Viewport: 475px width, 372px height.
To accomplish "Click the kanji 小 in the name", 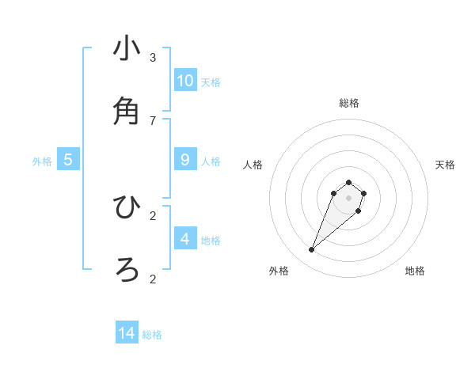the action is click(127, 48).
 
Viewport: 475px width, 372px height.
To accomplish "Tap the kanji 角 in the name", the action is click(127, 112).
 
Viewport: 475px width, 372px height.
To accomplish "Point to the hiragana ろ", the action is click(127, 270).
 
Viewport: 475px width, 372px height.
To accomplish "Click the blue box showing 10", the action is click(185, 81).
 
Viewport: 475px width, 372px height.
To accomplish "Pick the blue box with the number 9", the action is click(185, 160).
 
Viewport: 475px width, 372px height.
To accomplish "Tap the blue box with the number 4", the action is click(185, 239).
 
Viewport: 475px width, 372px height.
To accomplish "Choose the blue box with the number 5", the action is click(68, 160).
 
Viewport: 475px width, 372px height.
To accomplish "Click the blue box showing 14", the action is click(127, 334).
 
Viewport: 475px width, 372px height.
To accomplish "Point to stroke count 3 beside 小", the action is click(153, 57).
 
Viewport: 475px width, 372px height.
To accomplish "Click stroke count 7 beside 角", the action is click(153, 120).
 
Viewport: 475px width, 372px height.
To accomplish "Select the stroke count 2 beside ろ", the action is click(153, 279).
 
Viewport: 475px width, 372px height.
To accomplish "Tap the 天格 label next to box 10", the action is click(211, 82).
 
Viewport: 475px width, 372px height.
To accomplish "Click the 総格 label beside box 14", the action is click(152, 336).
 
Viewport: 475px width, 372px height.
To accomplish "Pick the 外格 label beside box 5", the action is click(42, 161).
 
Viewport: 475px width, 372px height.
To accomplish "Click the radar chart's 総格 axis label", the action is click(348, 103).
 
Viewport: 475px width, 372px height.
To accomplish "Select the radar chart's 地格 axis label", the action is click(415, 271).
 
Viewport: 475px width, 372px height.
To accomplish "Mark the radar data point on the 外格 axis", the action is click(312, 250).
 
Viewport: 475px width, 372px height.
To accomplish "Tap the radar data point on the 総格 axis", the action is click(348, 181).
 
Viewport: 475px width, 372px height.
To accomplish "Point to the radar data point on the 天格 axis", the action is click(363, 193).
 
